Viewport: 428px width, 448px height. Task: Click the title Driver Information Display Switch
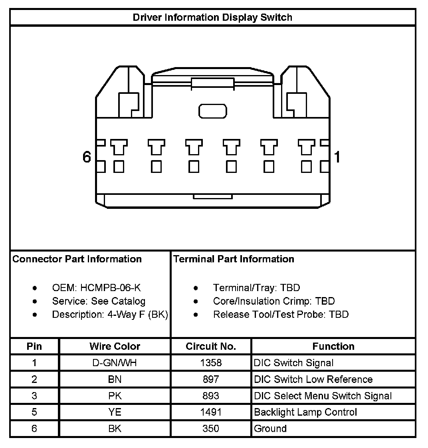pos(212,18)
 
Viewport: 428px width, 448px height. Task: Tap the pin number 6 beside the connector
pos(87,157)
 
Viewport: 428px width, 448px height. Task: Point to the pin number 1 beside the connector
pos(337,157)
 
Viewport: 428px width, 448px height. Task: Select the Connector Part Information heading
pos(77,259)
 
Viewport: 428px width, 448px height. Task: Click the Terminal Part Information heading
pos(234,259)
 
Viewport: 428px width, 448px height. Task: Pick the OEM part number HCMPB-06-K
pos(111,288)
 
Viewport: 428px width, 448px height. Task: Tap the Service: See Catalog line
pos(99,301)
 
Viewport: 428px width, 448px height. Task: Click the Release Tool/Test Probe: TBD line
pos(281,315)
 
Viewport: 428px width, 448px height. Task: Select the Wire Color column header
pos(115,346)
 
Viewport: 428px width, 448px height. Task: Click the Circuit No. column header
pos(211,346)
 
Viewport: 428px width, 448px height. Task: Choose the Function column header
pos(333,346)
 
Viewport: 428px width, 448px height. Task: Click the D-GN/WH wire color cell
pos(115,363)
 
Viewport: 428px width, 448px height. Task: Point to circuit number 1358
pos(211,363)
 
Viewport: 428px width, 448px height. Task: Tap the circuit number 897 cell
pos(211,379)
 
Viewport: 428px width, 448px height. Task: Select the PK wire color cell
pos(115,396)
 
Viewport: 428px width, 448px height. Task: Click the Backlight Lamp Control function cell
pos(305,412)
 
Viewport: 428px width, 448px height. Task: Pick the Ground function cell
pos(270,429)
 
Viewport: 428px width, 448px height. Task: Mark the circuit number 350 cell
pos(211,429)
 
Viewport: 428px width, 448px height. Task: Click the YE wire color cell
pos(115,412)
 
